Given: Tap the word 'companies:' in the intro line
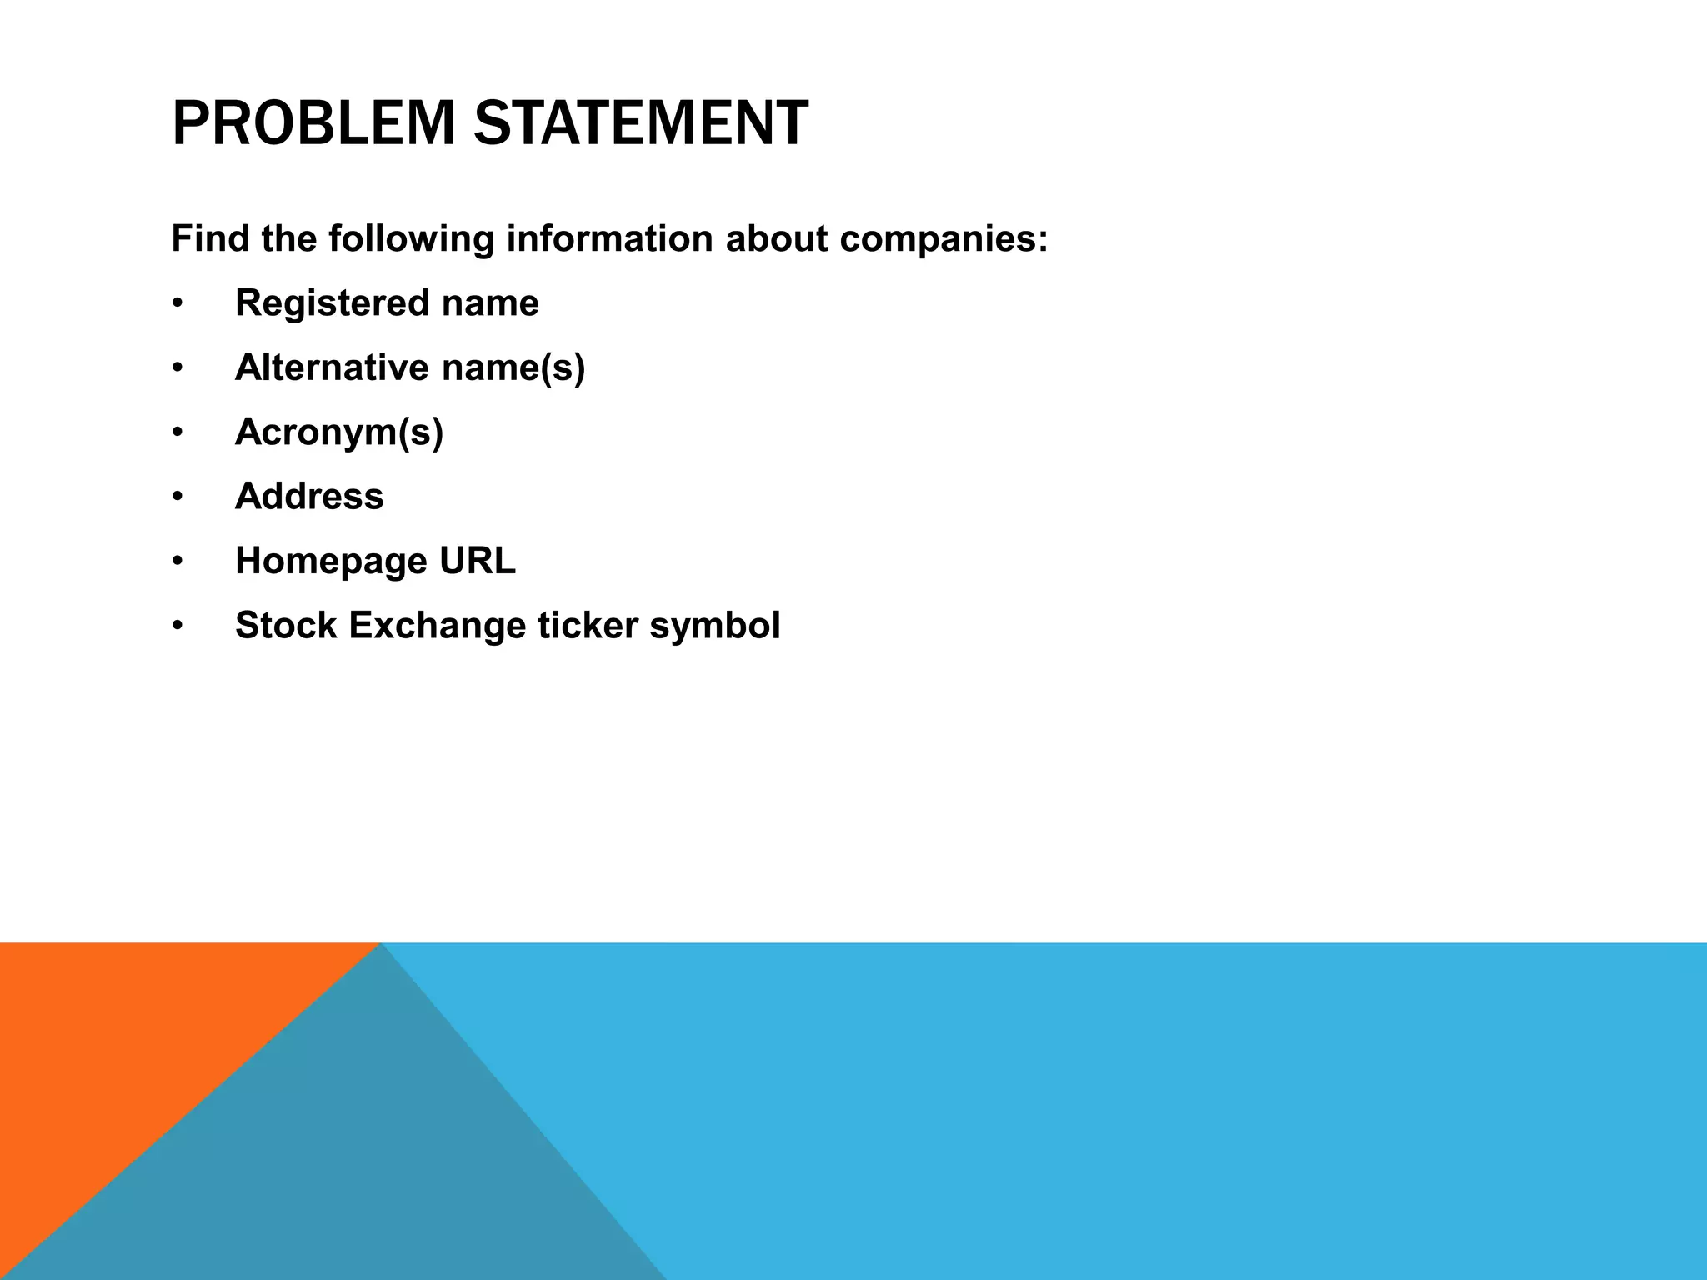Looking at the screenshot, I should click(x=944, y=239).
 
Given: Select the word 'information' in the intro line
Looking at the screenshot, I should click(x=609, y=239).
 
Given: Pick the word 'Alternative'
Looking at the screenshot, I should click(x=332, y=367).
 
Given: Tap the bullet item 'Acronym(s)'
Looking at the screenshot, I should click(x=339, y=432).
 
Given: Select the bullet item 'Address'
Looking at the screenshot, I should click(x=309, y=497).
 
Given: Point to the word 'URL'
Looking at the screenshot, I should click(x=478, y=562).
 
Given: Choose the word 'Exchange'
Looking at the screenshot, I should click(x=438, y=626).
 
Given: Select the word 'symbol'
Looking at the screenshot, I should click(x=715, y=626).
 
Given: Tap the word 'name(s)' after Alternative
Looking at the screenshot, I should click(x=513, y=367).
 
